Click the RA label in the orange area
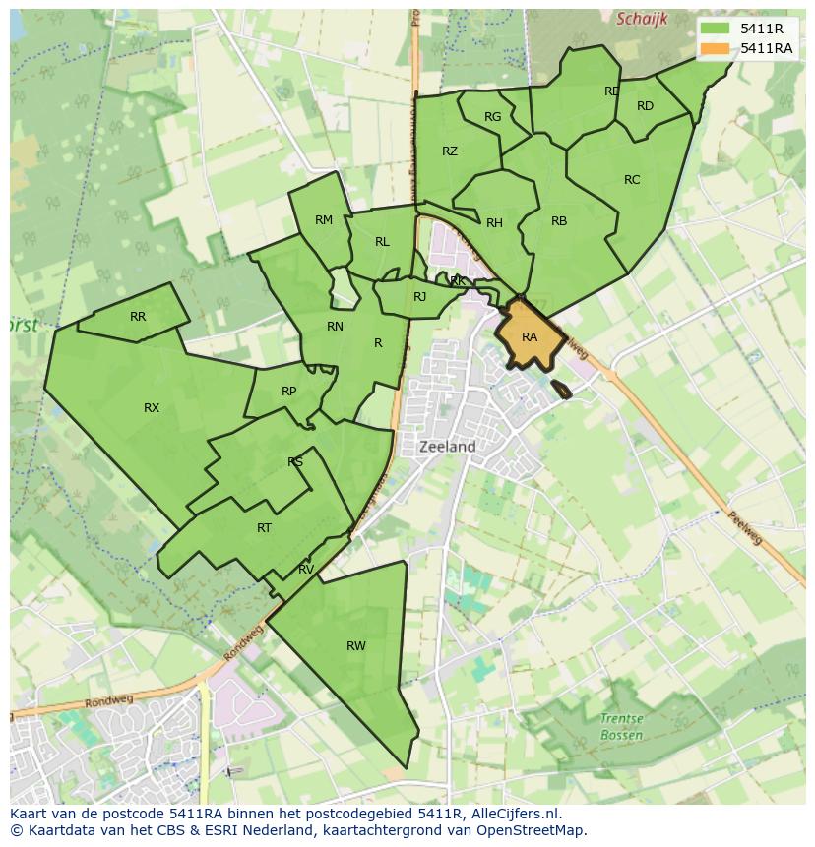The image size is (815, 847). [x=530, y=337]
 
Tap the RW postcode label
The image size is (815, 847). [x=356, y=646]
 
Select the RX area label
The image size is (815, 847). [x=152, y=408]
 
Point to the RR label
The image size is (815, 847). [x=138, y=317]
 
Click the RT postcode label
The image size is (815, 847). [x=264, y=528]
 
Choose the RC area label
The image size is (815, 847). [x=632, y=180]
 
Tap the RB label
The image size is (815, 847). [x=559, y=221]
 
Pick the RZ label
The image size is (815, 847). [x=450, y=151]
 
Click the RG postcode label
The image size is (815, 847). [x=493, y=117]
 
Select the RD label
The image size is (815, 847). [x=645, y=106]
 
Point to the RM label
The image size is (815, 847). [x=324, y=220]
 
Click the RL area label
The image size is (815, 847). [x=382, y=242]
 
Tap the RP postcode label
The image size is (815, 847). [x=288, y=392]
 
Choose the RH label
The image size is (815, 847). [x=494, y=223]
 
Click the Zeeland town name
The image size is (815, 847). [x=448, y=447]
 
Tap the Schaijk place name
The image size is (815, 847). [x=642, y=19]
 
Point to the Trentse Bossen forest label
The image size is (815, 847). [x=621, y=727]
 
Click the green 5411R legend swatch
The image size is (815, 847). [x=716, y=30]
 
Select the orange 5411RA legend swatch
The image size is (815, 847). [x=716, y=48]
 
